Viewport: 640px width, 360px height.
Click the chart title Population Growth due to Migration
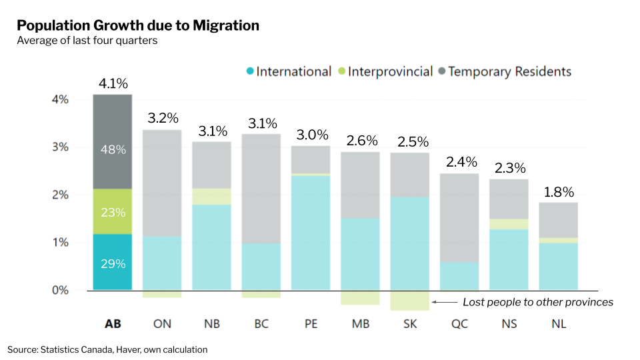138,26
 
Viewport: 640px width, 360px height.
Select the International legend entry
288,71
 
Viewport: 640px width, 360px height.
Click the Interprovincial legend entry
385,71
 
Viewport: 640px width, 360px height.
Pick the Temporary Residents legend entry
504,71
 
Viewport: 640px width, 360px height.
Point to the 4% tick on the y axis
61,100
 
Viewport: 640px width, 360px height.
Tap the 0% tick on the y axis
61,290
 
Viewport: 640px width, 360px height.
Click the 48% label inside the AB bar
113,150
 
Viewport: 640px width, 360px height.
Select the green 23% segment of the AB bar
113,212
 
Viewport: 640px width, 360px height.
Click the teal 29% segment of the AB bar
113,263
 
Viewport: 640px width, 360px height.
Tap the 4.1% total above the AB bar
113,83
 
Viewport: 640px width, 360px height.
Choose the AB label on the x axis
113,324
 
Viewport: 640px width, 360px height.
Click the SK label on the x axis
410,324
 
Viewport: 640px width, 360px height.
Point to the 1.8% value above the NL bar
559,192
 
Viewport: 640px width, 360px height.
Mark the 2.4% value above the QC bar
460,162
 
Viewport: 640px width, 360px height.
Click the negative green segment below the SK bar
410,300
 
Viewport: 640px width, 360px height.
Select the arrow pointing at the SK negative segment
443,302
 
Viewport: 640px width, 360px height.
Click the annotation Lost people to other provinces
537,302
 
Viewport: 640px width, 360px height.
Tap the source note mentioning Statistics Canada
107,349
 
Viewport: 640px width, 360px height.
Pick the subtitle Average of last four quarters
87,41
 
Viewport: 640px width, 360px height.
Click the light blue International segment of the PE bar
311,233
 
